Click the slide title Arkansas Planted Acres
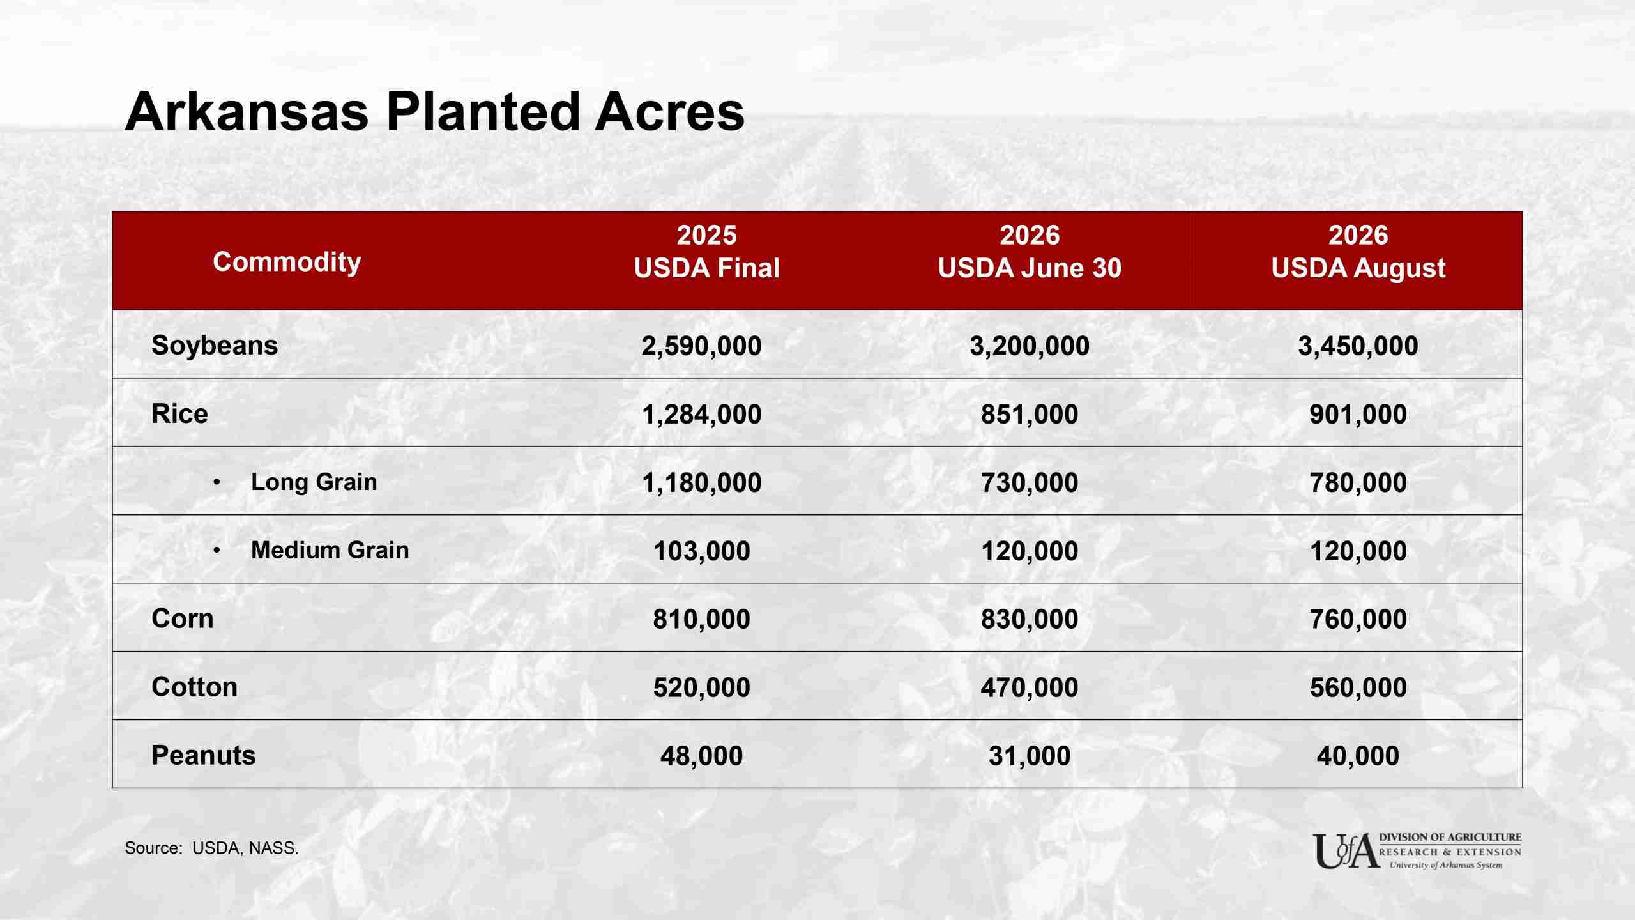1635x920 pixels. (434, 112)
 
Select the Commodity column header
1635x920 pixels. (287, 262)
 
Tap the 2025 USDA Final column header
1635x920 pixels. (706, 252)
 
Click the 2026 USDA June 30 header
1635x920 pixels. (1030, 252)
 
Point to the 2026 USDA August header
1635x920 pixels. (1358, 252)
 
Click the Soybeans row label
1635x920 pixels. (215, 346)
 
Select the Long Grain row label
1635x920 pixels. (314, 482)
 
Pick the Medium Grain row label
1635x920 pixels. (330, 550)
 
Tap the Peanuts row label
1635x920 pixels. (204, 755)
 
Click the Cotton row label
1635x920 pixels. (195, 687)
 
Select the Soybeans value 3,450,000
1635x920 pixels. (1358, 346)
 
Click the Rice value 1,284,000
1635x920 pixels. (701, 415)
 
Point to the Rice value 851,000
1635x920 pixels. (1030, 415)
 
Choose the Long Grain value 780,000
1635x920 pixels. (1358, 483)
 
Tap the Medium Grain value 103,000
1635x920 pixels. (701, 551)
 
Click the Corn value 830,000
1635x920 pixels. (1030, 620)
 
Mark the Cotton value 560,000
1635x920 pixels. (1358, 688)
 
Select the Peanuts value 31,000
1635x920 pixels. (1030, 756)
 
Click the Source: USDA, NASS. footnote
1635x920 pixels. (211, 848)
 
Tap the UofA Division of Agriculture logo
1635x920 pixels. (1417, 851)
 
